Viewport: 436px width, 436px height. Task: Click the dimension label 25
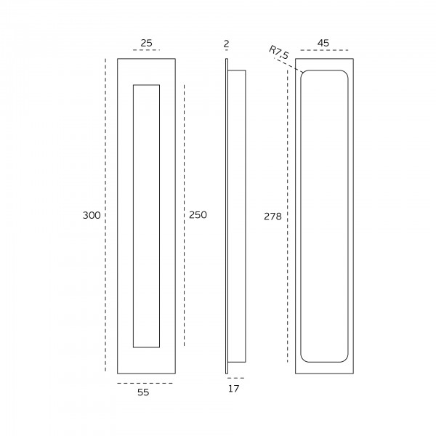click(x=146, y=43)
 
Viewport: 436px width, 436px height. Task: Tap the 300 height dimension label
click(x=92, y=215)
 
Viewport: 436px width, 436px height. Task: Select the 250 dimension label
click(x=198, y=214)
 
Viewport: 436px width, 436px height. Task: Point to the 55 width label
click(x=143, y=392)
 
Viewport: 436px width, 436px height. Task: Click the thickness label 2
click(x=226, y=44)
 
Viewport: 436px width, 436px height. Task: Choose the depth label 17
click(x=233, y=389)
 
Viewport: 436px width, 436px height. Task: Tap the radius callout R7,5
click(x=279, y=52)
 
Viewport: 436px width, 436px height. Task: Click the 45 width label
click(x=323, y=43)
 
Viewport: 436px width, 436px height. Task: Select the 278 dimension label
click(x=272, y=217)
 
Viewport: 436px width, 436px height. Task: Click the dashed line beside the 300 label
click(x=105, y=214)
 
